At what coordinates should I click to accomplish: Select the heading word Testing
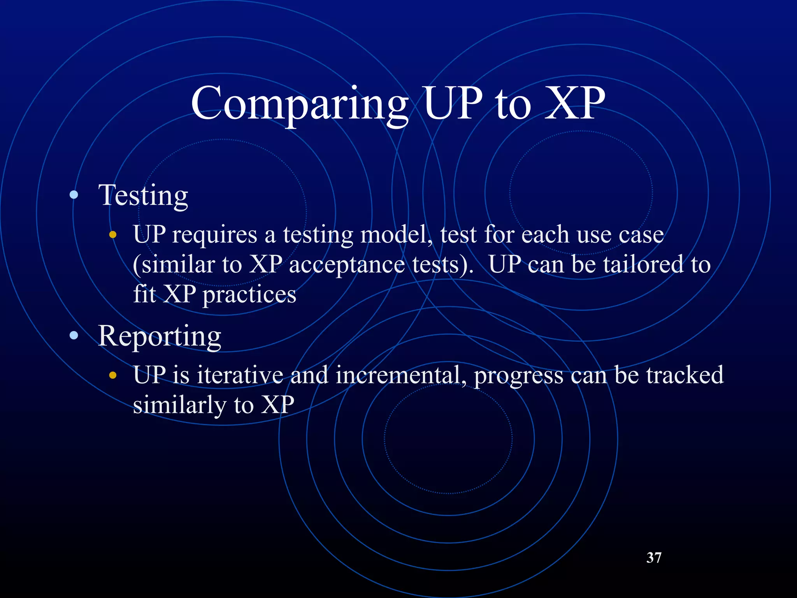point(143,195)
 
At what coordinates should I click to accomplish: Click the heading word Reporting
point(160,336)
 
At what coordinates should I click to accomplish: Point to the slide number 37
point(653,558)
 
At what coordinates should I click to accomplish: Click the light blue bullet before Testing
point(74,195)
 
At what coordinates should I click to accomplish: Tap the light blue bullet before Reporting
point(74,336)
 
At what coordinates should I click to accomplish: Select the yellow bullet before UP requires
point(113,234)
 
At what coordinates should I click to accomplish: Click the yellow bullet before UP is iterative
point(113,375)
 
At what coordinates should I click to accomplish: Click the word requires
point(214,235)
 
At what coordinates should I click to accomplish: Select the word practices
point(249,295)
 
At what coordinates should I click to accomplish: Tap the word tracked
point(685,375)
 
